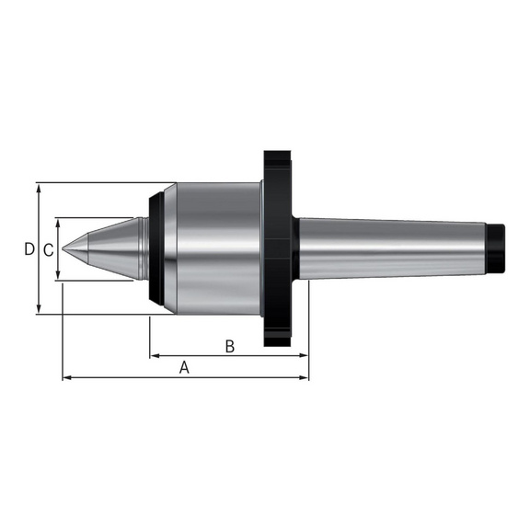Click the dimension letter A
184,367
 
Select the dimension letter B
230,346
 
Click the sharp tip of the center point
63,248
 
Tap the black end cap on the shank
498,248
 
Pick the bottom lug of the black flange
276,335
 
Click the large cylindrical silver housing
216,248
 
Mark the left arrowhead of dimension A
65,377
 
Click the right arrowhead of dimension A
305,377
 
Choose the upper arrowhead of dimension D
39,187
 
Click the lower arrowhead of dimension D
39,310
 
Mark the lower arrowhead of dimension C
59,277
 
